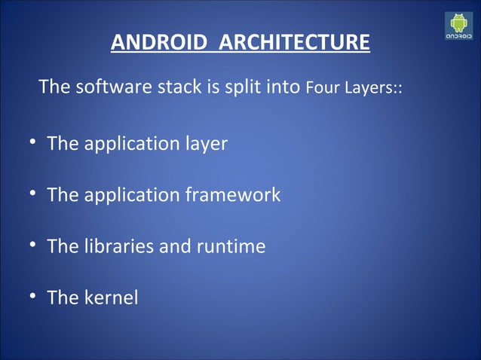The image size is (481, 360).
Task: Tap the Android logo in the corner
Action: (460, 26)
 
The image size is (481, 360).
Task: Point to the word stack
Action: (174, 87)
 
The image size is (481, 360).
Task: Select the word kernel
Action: (112, 297)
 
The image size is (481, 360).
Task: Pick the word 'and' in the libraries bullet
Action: (174, 246)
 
